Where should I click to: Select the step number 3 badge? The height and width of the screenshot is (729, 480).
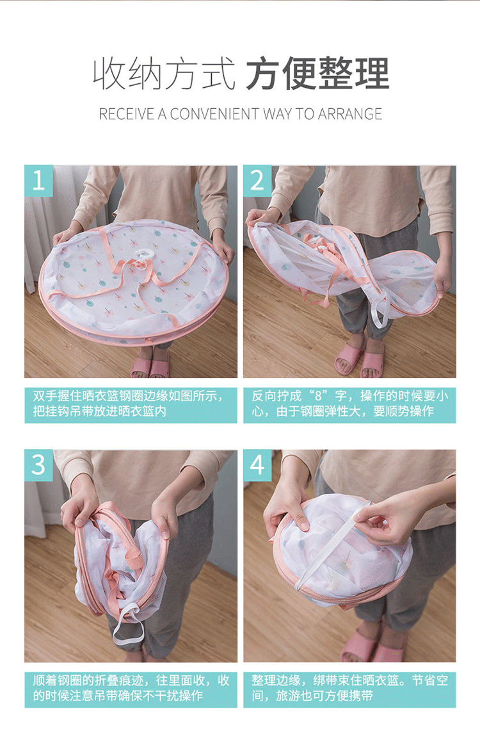coord(38,465)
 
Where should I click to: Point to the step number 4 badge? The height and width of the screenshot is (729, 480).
coord(257,465)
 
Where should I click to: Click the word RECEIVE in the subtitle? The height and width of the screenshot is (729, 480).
coord(126,114)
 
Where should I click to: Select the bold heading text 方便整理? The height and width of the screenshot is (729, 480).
coord(317,74)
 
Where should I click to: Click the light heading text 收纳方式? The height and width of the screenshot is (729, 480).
coord(164,74)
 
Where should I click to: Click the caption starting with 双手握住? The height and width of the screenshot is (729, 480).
coord(131,404)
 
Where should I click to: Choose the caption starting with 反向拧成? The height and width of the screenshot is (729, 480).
coord(349,404)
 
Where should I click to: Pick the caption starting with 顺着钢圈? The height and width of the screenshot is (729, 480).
coord(131,688)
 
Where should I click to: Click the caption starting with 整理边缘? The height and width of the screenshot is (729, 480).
coord(349,688)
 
